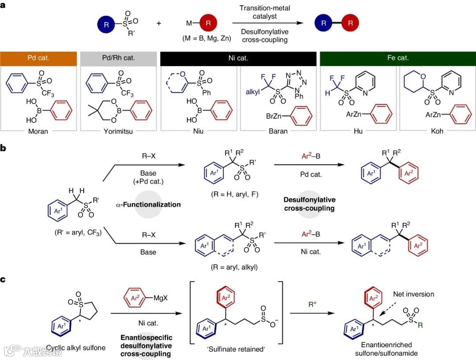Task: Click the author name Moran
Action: click(x=38, y=130)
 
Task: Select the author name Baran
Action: click(x=278, y=130)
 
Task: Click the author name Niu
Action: click(x=198, y=130)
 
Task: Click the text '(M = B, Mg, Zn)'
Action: click(x=206, y=38)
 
